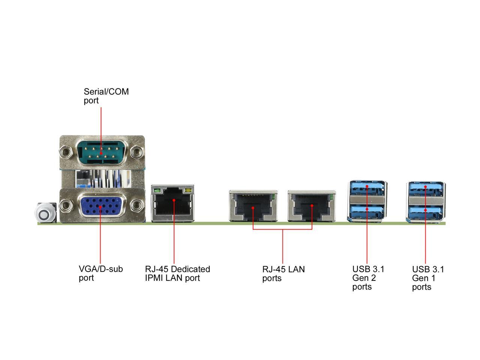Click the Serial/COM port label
click(x=106, y=96)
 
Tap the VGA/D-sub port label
click(x=100, y=273)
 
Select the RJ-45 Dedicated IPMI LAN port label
click(x=177, y=273)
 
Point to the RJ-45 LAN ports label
click(x=283, y=274)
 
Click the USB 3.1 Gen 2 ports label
click(x=368, y=278)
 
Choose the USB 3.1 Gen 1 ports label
click(x=428, y=278)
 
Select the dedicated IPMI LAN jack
click(x=172, y=203)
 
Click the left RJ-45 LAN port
click(x=253, y=205)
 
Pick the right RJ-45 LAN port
click(x=312, y=205)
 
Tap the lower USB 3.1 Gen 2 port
click(x=366, y=211)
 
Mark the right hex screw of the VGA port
click(x=136, y=205)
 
